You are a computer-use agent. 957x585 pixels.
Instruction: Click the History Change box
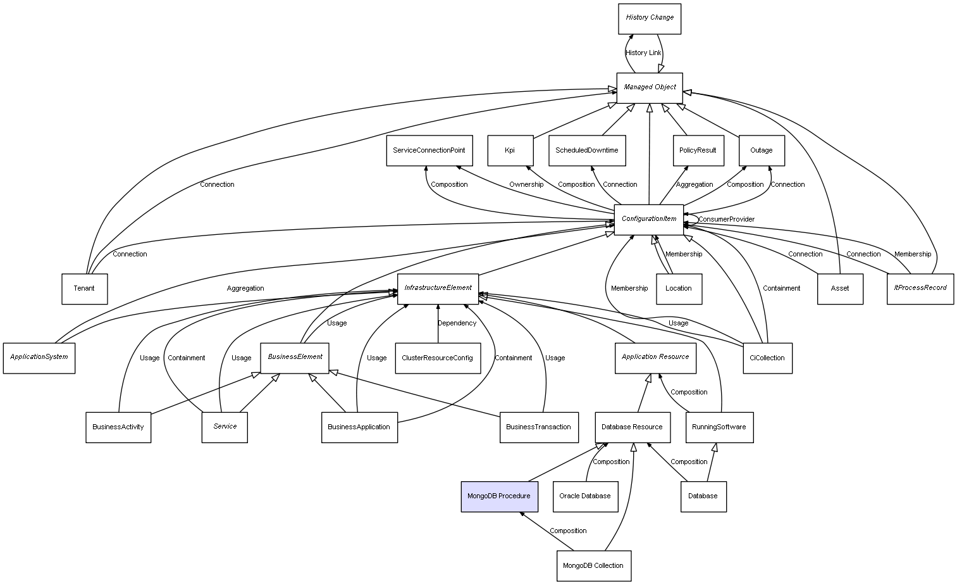coord(650,18)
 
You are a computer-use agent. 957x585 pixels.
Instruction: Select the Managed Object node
coord(650,87)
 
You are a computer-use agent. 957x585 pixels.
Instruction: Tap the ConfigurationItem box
coord(649,219)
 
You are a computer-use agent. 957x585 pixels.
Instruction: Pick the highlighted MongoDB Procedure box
coord(499,496)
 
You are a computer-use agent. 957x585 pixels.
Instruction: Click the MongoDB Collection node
coord(593,565)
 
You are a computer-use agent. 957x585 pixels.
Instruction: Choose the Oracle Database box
coord(585,496)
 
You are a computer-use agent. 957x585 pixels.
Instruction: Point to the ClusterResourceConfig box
coord(438,358)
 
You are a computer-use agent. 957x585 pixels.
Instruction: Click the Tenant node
coord(84,289)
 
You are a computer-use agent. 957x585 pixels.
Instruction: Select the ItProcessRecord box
coord(920,288)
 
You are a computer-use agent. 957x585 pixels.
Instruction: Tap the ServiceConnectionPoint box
coord(429,151)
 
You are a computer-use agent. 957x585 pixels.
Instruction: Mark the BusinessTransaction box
coord(538,427)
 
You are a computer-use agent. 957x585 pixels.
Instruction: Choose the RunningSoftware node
coord(719,427)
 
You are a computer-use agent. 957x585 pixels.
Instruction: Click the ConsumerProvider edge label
coord(726,220)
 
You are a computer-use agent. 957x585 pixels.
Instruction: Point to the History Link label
coord(643,53)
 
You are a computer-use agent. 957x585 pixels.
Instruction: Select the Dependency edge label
coord(457,324)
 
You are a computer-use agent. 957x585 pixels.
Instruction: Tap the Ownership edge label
coord(526,185)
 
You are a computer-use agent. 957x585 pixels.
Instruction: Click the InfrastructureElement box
coord(438,288)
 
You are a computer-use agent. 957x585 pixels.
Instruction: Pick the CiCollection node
coord(767,358)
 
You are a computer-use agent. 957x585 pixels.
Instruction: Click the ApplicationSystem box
coord(39,358)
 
